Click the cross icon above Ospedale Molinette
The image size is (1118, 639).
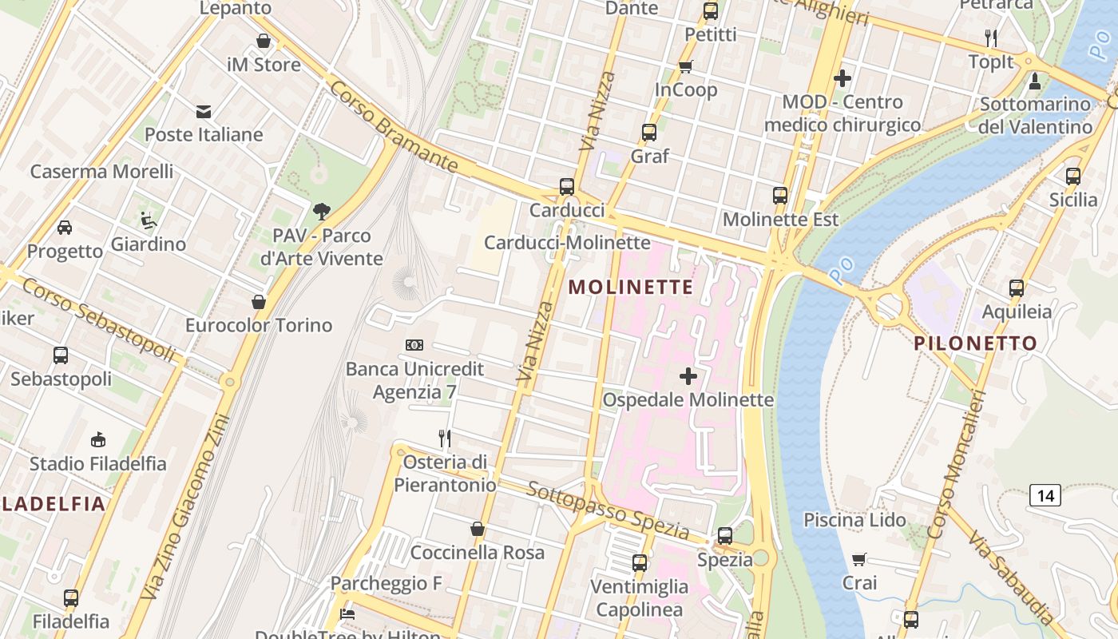[x=688, y=376]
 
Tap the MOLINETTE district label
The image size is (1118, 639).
[x=631, y=288]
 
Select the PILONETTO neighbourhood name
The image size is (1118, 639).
[x=975, y=344]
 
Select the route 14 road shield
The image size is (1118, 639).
[x=1045, y=495]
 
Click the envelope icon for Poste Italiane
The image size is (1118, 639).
[x=204, y=112]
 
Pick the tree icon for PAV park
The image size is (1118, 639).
[x=321, y=212]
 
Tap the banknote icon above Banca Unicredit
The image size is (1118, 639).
[x=414, y=345]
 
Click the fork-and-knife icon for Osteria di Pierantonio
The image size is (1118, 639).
[x=445, y=438]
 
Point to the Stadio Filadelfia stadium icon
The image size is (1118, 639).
[x=98, y=439]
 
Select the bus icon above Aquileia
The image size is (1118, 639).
[x=1016, y=288]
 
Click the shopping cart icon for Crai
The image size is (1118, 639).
[x=859, y=559]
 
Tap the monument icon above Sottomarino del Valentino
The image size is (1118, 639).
[x=1035, y=81]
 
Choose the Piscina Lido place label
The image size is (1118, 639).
[x=854, y=521]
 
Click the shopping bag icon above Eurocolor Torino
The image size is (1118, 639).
[x=258, y=302]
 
